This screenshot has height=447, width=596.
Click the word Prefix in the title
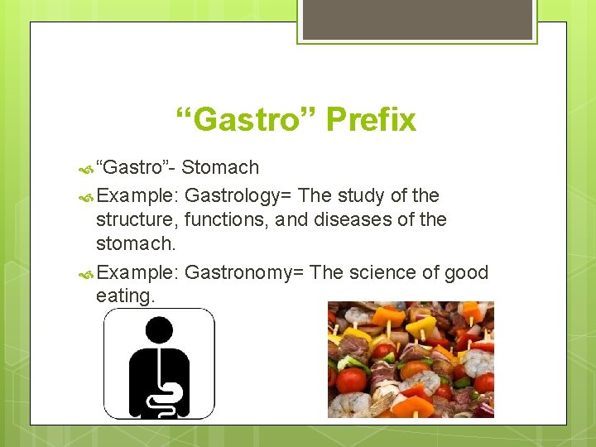pos(371,120)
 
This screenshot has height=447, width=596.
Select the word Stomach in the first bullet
pos(220,168)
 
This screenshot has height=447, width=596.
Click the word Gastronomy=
pos(239,273)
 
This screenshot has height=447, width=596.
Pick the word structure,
pos(137,220)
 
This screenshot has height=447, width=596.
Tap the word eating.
pos(126,296)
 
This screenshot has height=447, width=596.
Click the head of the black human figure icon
pos(158,331)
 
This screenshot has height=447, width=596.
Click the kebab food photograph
pos(411,359)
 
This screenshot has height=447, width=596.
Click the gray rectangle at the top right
pos(417,19)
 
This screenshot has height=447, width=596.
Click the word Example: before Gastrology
pos(137,196)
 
